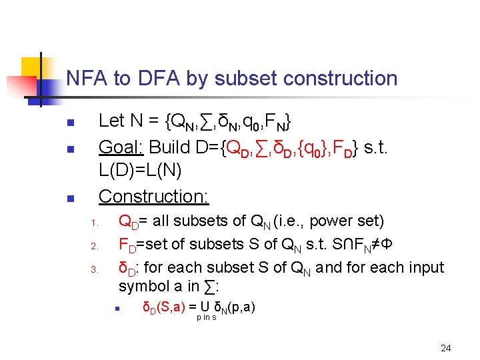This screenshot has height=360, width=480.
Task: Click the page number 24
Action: coord(446,348)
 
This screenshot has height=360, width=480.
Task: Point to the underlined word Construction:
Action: coord(154,196)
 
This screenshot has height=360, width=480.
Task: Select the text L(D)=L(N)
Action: coord(140,171)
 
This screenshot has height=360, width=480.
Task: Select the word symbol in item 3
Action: coord(142,287)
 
